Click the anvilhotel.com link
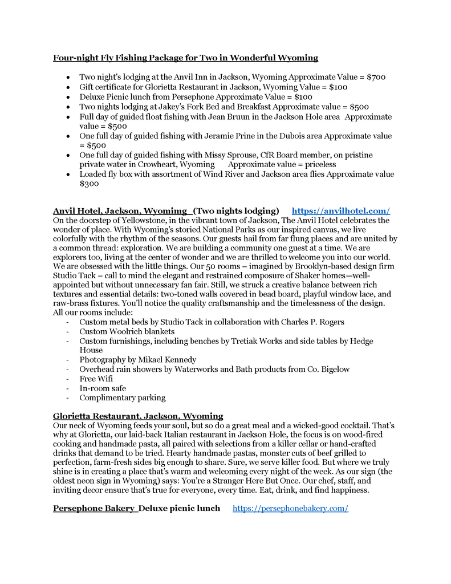[340, 210]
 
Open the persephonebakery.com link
[290, 508]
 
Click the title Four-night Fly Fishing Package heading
[185, 58]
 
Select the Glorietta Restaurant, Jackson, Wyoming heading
[138, 416]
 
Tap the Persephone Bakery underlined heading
[94, 508]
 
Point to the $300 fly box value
[89, 184]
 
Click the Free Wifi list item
[96, 379]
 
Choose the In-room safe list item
[103, 388]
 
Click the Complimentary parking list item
[122, 398]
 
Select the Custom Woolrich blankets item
[127, 331]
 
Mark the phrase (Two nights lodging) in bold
[236, 210]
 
